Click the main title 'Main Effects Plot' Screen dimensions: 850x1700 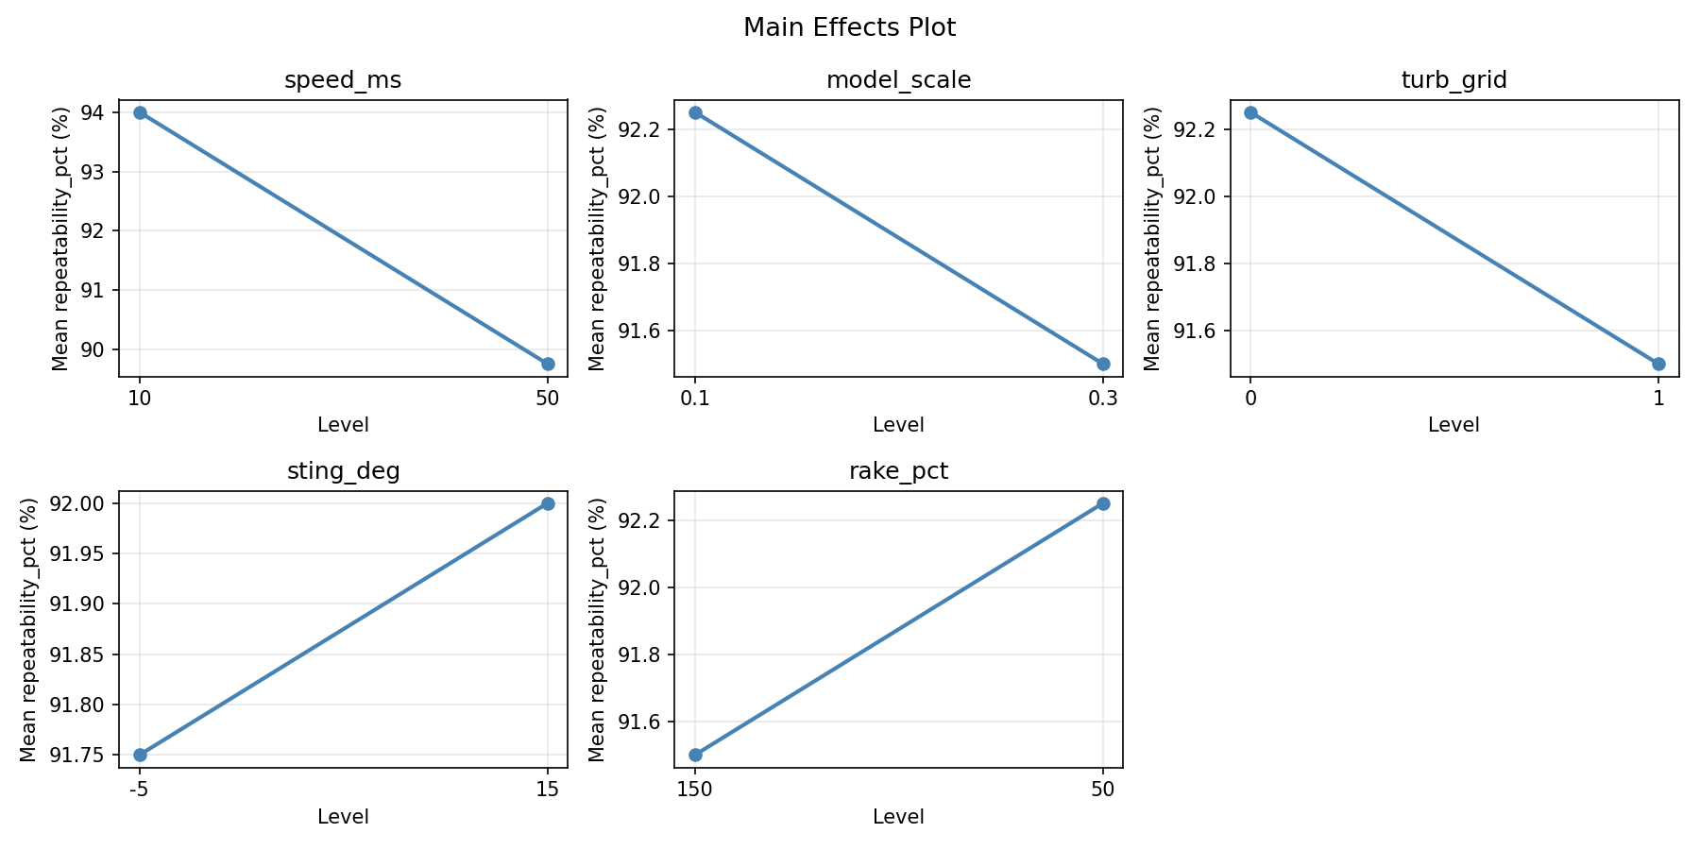[x=849, y=27]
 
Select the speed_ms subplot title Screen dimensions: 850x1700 [x=343, y=80]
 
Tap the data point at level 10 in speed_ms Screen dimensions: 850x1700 [x=140, y=112]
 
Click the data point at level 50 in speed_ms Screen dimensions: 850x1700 [x=548, y=364]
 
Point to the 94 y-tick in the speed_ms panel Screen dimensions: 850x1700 [x=94, y=113]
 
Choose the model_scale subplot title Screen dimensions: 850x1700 [x=898, y=80]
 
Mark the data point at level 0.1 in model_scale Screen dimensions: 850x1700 [x=695, y=112]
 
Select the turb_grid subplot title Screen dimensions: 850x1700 [x=1453, y=80]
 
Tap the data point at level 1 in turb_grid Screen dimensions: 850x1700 [x=1658, y=364]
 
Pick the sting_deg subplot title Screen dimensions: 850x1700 [x=343, y=471]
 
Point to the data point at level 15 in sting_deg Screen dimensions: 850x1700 [x=548, y=503]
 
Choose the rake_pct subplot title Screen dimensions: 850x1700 [x=898, y=471]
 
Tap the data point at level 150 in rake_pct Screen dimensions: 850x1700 [x=695, y=755]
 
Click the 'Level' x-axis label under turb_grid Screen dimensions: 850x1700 [x=1453, y=425]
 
